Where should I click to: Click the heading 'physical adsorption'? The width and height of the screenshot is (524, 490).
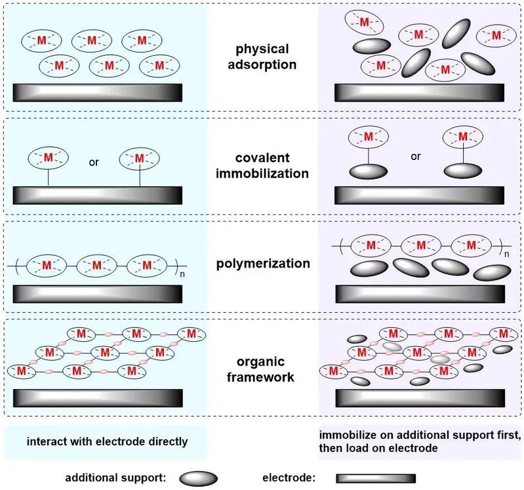pyautogui.click(x=262, y=56)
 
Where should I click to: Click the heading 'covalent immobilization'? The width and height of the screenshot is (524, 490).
pyautogui.click(x=262, y=165)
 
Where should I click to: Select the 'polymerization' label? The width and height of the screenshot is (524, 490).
pyautogui.click(x=263, y=264)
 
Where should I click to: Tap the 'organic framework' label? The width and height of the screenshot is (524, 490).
pyautogui.click(x=260, y=369)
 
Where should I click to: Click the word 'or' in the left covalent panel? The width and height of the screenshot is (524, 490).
pyautogui.click(x=94, y=162)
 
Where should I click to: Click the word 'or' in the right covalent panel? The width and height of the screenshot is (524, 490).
pyautogui.click(x=416, y=156)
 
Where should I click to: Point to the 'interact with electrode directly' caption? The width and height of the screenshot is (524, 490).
pyautogui.click(x=107, y=441)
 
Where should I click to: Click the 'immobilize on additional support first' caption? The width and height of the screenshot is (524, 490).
pyautogui.click(x=420, y=435)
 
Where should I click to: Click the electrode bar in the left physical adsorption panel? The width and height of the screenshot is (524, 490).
pyautogui.click(x=98, y=92)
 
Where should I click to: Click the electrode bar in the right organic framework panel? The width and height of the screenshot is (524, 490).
pyautogui.click(x=420, y=398)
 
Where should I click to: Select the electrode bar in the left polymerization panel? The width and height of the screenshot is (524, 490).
pyautogui.click(x=98, y=294)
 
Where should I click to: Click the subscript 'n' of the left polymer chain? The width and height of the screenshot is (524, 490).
pyautogui.click(x=182, y=274)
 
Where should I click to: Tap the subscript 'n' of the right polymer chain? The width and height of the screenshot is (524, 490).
pyautogui.click(x=507, y=254)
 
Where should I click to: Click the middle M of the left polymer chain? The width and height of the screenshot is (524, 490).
pyautogui.click(x=96, y=266)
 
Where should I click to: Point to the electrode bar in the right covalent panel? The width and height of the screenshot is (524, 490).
pyautogui.click(x=420, y=195)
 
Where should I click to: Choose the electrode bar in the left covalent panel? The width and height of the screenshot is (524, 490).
pyautogui.click(x=98, y=195)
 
